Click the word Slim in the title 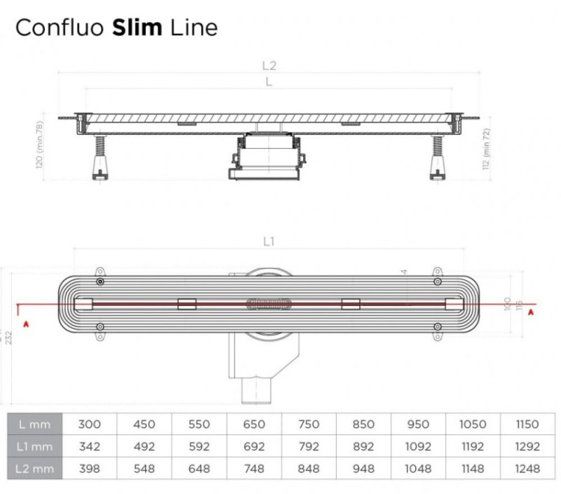[137, 28]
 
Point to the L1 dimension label [269, 242]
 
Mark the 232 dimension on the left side [7, 336]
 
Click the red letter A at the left [26, 323]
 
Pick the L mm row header [34, 424]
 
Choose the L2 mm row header [34, 469]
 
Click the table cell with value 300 [89, 424]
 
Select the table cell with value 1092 [417, 447]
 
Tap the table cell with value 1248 [527, 469]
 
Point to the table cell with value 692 [254, 447]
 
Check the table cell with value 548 [144, 469]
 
